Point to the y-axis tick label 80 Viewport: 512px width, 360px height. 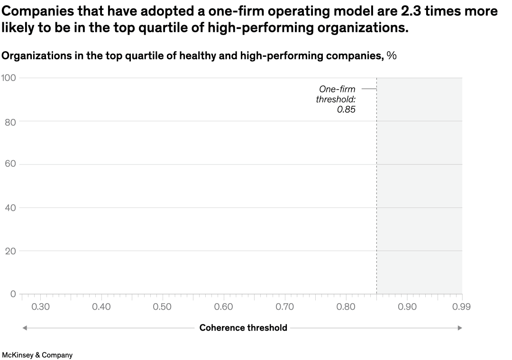(10, 122)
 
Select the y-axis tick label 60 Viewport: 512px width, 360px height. (10, 164)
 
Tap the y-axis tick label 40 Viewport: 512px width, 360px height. (10, 208)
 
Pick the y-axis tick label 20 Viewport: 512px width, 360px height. (10, 251)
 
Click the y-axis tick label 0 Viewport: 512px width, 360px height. (13, 294)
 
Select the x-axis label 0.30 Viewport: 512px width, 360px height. (40, 307)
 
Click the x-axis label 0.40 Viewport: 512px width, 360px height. (101, 307)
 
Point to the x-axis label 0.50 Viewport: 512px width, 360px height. (162, 307)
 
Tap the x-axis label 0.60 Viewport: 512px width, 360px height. (223, 307)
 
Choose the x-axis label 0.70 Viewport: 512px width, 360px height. (284, 307)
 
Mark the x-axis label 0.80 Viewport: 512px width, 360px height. (346, 307)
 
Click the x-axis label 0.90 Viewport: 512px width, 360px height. (407, 307)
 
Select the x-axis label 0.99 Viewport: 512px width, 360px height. (461, 307)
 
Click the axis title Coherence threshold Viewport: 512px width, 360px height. (243, 328)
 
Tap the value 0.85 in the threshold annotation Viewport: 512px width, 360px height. (346, 109)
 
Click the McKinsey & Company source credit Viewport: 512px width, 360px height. (37, 355)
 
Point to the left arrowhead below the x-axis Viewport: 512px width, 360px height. (25, 328)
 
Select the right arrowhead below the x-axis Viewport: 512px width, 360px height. (459, 328)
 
